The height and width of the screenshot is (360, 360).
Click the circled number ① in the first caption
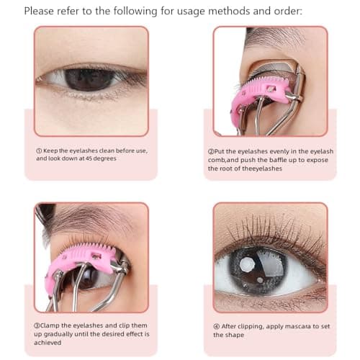click(x=40, y=150)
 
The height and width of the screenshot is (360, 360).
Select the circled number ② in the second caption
click(x=211, y=150)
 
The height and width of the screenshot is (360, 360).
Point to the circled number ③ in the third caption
click(x=39, y=326)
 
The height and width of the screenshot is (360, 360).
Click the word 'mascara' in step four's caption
click(x=293, y=325)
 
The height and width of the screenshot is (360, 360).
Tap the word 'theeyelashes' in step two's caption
click(x=265, y=168)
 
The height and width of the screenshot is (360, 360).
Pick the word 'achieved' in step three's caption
click(x=50, y=343)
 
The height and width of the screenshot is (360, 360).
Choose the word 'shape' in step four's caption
click(x=233, y=335)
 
